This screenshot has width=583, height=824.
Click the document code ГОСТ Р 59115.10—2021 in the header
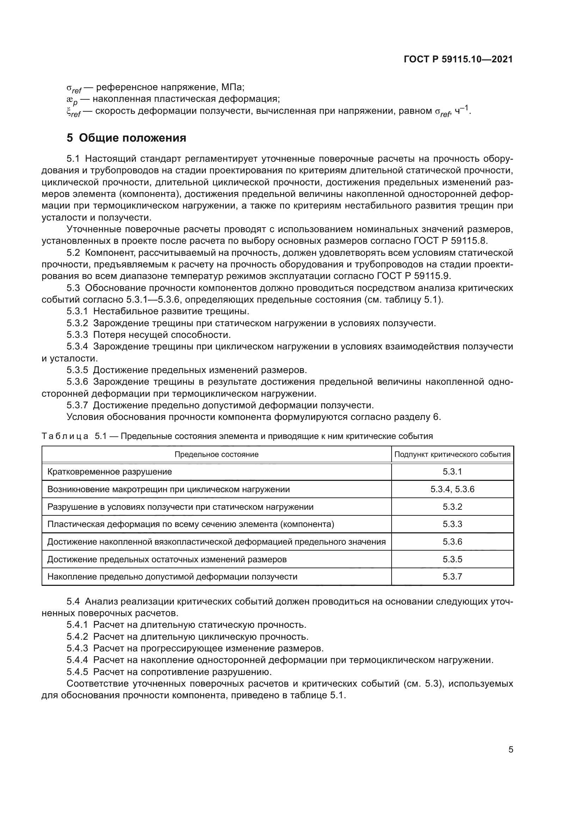click(458, 60)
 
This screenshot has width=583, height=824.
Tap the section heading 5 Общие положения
click(127, 138)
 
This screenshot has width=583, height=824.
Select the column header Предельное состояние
click(216, 454)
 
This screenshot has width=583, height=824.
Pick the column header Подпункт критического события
click(452, 454)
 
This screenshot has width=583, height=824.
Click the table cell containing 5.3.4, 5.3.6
click(452, 489)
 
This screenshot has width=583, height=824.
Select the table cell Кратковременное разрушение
click(110, 472)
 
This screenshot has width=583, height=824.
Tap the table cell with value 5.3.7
click(452, 576)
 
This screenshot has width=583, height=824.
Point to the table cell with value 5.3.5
click(452, 559)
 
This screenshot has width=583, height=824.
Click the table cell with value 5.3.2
click(452, 507)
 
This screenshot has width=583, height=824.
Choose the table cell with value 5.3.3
click(452, 524)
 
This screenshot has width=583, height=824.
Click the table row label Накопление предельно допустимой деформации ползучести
click(172, 576)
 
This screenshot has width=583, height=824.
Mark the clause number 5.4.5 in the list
click(77, 671)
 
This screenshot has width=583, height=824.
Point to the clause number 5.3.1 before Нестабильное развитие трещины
click(77, 311)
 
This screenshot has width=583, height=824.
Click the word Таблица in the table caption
click(65, 436)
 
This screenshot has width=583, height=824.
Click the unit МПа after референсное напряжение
click(233, 87)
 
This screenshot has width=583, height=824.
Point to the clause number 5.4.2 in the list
click(77, 637)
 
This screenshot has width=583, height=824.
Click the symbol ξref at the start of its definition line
click(73, 112)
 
